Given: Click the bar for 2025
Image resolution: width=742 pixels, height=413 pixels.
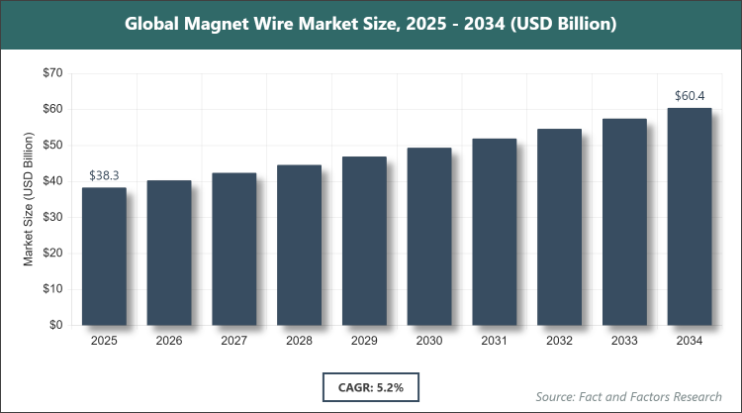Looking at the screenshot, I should (x=104, y=256).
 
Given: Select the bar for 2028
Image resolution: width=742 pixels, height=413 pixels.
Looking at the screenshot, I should (x=299, y=245).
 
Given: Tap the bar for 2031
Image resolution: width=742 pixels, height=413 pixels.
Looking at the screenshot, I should (x=495, y=232).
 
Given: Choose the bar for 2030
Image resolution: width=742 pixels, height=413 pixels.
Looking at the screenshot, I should (x=429, y=236).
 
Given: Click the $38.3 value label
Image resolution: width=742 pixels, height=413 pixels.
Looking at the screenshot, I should (x=104, y=174).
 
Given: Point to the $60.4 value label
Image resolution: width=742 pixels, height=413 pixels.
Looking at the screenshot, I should (x=690, y=95).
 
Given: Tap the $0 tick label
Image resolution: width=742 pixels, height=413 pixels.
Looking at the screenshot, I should (x=56, y=325).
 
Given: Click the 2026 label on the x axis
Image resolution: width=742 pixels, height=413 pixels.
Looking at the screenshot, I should (x=169, y=341).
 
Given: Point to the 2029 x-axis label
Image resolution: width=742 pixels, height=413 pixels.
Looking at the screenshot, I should (x=364, y=341).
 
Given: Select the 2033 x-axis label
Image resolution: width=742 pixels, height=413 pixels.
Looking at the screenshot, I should (x=624, y=341).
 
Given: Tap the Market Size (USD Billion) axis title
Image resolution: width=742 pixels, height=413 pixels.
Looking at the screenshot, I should (x=30, y=199).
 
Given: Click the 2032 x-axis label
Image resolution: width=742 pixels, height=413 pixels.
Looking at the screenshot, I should (x=559, y=341).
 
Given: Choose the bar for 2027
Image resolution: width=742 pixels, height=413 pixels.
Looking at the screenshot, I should (x=234, y=249).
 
